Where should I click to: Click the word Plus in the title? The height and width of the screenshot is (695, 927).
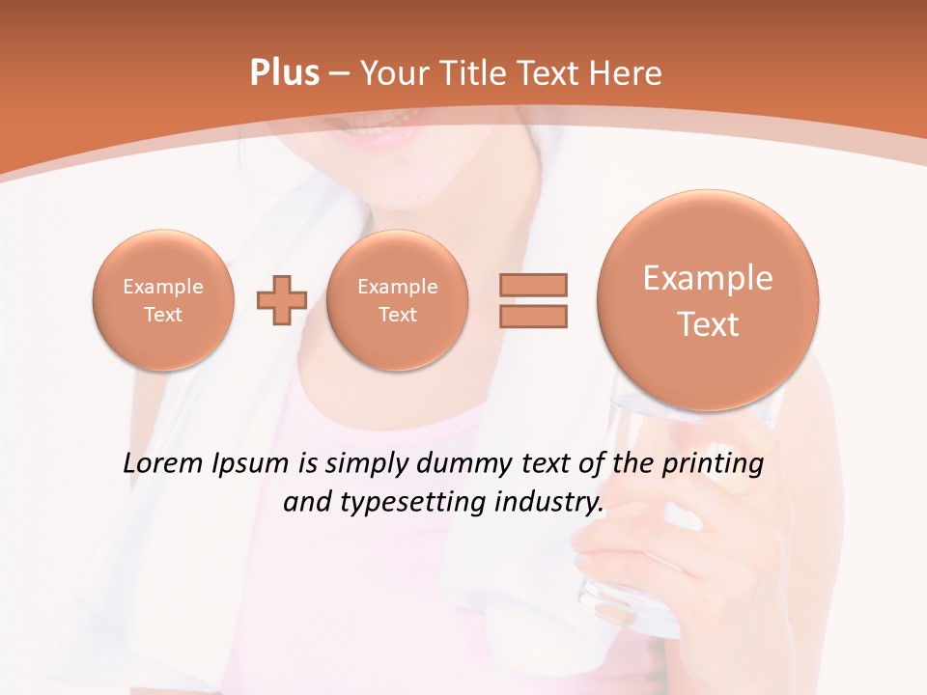click(x=284, y=73)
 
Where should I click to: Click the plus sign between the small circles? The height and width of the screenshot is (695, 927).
click(x=281, y=300)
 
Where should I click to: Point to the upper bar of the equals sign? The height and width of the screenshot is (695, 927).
click(x=533, y=285)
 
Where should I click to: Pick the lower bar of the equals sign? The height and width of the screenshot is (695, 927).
click(x=533, y=316)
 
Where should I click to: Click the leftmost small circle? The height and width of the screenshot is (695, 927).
click(x=162, y=299)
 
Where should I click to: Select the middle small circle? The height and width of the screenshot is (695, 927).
click(x=397, y=299)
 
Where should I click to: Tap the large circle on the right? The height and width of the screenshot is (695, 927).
click(x=708, y=299)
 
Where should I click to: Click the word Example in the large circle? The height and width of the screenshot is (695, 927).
click(x=708, y=278)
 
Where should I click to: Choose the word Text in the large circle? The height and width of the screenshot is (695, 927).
click(x=708, y=324)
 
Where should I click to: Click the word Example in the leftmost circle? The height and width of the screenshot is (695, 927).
click(x=162, y=287)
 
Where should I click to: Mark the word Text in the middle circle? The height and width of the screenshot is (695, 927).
click(x=397, y=315)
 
